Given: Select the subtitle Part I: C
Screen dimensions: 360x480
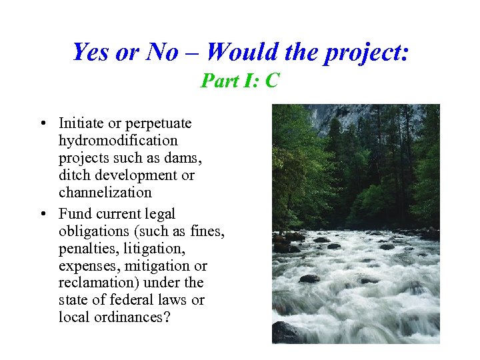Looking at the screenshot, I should click(x=240, y=81).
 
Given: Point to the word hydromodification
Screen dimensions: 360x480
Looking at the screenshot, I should click(x=118, y=141).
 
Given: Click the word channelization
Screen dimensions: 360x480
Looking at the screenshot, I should click(x=105, y=193).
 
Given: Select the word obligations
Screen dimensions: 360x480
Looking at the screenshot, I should click(x=92, y=231).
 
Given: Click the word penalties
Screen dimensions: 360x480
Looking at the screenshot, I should click(x=85, y=249).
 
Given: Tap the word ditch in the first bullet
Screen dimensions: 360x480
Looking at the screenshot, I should click(x=74, y=175).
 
